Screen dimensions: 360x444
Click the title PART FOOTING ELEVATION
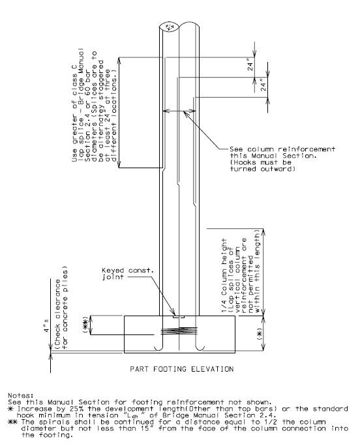[x=181, y=369]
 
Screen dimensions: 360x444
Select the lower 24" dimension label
[x=263, y=85]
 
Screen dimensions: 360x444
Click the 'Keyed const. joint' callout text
[x=128, y=274]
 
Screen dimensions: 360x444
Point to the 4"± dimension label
[x=47, y=326]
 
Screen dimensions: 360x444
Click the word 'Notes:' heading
[x=21, y=395]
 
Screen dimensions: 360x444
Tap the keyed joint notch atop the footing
[x=179, y=317]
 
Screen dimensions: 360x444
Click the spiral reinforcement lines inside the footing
[x=179, y=331]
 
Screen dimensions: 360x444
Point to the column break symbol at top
[x=169, y=27]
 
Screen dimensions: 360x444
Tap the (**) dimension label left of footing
[x=85, y=325]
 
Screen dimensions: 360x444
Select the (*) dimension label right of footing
[x=260, y=334]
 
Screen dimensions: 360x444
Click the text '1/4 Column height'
[x=224, y=276]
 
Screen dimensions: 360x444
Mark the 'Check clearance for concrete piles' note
[x=61, y=307]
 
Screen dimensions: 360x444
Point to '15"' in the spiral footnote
[x=147, y=429]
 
